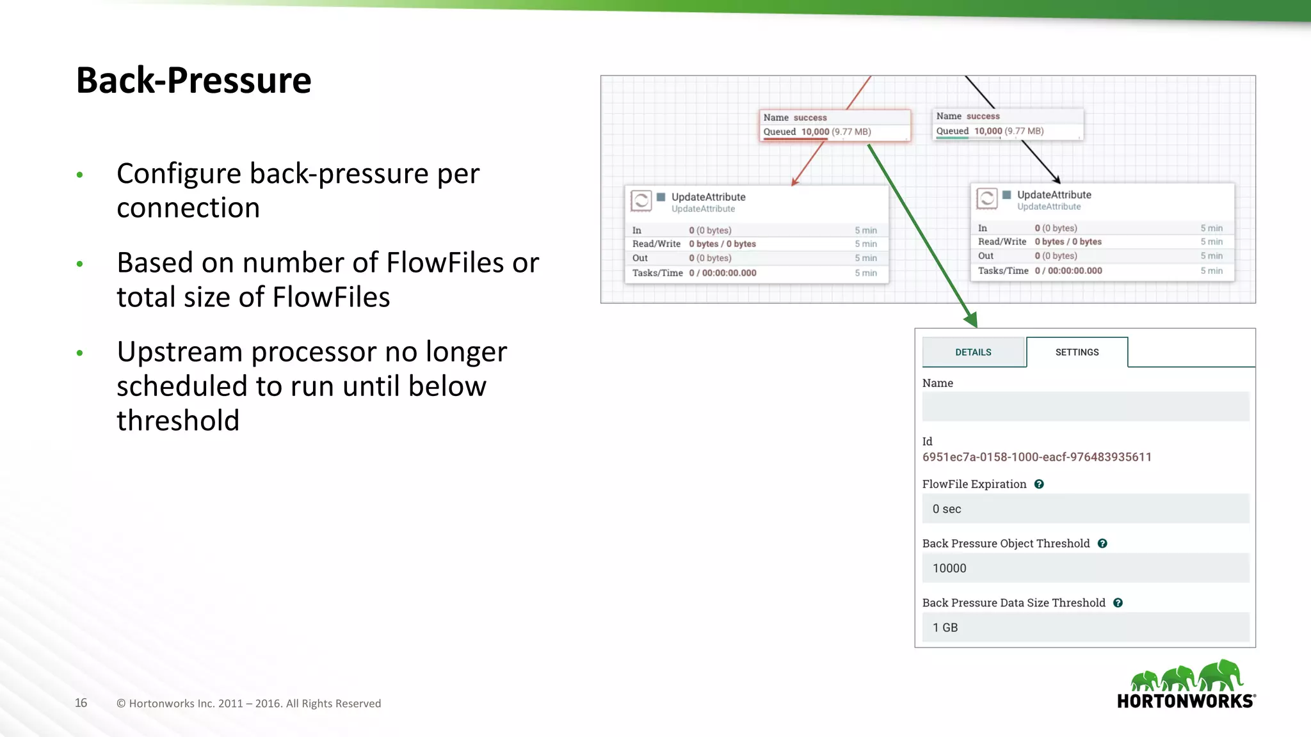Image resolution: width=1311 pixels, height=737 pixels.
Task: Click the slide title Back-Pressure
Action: pos(193,81)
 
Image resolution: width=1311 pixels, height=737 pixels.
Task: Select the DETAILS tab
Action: pos(973,353)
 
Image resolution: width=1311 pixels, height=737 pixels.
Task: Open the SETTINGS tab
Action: pos(1077,353)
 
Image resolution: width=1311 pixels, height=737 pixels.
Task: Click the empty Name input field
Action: pos(1085,407)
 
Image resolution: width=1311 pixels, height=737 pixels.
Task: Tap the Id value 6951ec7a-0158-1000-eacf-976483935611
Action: pos(1036,457)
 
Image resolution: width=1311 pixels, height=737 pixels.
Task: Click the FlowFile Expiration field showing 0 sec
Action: pos(1085,509)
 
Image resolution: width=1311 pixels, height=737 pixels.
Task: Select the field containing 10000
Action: pos(1085,569)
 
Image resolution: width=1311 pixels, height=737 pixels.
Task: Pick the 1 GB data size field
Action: pos(1085,628)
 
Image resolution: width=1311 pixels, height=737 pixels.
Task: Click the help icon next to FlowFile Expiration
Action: pos(1039,484)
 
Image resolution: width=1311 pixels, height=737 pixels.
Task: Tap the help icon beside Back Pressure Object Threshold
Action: pos(1102,544)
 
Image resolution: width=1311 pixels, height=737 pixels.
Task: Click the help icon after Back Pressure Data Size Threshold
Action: pos(1118,603)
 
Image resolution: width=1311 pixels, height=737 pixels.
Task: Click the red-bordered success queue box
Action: pos(835,125)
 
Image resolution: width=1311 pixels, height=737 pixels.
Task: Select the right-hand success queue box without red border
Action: pos(1008,124)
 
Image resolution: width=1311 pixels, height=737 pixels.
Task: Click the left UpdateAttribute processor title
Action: pos(708,197)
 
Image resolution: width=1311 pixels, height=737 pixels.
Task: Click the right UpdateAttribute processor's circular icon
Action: pos(986,198)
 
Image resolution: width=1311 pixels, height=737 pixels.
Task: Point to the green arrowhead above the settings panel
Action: pos(971,319)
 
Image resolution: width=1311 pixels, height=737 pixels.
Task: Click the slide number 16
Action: pos(81,703)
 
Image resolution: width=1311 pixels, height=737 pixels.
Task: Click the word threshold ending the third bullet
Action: pos(178,421)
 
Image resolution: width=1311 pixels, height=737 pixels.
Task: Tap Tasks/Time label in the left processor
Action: pos(657,273)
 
